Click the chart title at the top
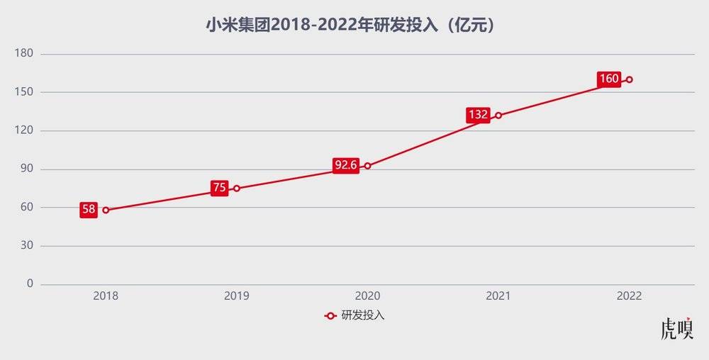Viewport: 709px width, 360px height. (x=354, y=26)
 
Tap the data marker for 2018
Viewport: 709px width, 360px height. (x=106, y=210)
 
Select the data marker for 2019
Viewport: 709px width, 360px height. (x=237, y=189)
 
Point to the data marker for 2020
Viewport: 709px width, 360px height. (x=367, y=166)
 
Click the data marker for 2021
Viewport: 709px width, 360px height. (x=498, y=116)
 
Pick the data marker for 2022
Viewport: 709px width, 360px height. (x=630, y=79)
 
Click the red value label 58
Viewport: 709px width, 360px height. (x=88, y=210)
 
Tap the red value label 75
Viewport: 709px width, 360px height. (x=219, y=189)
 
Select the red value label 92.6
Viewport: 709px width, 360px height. (x=345, y=166)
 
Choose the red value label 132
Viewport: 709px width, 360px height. (x=478, y=115)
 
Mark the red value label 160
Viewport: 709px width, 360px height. (x=609, y=79)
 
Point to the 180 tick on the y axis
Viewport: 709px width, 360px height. (x=25, y=54)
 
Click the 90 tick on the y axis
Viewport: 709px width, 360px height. (x=27, y=169)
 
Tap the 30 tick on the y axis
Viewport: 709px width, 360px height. (x=27, y=246)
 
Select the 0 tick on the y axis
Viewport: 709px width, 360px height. (x=30, y=284)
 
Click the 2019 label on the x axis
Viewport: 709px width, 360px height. (x=237, y=296)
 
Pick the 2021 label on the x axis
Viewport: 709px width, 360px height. (x=498, y=296)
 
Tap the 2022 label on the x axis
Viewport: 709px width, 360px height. (x=630, y=296)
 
